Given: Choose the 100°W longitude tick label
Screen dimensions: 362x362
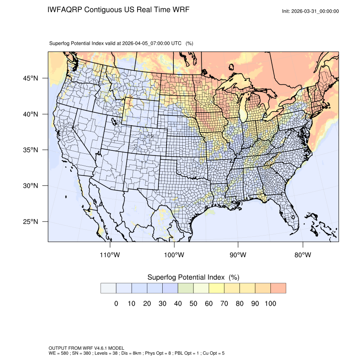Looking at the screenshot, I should point(174,255).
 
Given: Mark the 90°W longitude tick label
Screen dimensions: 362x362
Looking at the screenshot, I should point(238,255).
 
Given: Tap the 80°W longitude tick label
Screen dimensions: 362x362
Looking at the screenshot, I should point(302,255).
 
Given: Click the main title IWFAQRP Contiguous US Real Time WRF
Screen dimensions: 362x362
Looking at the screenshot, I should point(118,9).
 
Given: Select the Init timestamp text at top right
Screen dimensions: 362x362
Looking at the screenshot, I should point(310,11).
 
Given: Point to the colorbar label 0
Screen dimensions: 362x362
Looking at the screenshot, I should point(116,304).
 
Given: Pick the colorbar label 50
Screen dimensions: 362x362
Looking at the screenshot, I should point(193,304).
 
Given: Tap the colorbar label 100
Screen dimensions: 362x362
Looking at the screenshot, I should point(270,304).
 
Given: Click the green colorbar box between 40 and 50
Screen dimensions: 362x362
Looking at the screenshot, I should point(186,288).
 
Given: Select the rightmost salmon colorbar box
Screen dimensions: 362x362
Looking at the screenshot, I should point(278,288).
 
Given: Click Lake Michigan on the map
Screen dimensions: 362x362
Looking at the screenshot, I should point(243,112).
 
